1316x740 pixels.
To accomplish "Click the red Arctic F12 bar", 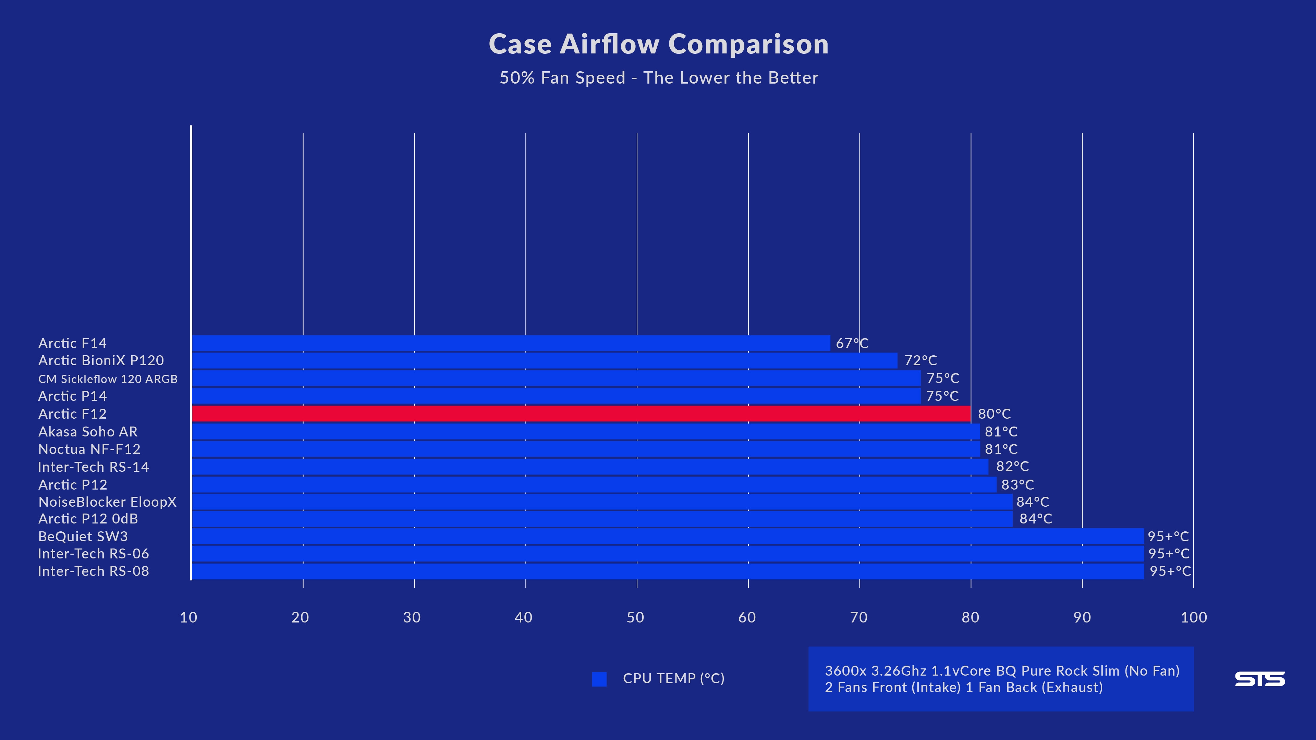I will (x=581, y=414).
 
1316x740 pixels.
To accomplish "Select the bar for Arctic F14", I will (x=511, y=343).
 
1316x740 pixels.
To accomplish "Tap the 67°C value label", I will (x=852, y=343).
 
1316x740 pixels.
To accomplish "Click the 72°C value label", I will (x=921, y=360).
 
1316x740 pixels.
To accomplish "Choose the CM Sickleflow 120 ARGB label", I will (x=108, y=379).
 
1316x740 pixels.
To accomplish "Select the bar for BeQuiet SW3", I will (x=667, y=536).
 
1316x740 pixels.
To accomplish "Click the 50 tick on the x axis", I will (x=635, y=617).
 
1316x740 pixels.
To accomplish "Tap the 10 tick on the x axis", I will (x=188, y=617).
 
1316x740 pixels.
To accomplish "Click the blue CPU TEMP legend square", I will (x=599, y=679).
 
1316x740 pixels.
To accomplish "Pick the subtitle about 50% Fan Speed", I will (x=658, y=78).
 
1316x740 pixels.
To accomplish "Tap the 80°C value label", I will (x=994, y=414).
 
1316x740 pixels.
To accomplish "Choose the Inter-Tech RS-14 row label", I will (x=94, y=467).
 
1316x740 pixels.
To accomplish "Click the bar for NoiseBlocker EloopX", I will (x=602, y=502).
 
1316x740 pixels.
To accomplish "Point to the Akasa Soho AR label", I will (x=88, y=432).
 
